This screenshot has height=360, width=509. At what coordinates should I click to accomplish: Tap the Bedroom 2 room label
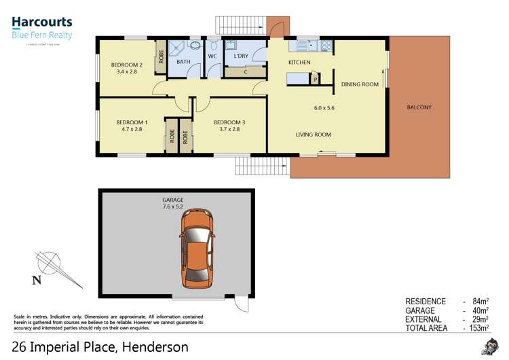coord(128,65)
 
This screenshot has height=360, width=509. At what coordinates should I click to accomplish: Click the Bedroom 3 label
coord(229,122)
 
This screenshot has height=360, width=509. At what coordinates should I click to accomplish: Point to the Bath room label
coord(183,62)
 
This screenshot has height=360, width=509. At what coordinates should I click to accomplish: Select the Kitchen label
coord(299,62)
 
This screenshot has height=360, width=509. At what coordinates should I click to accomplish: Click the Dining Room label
coord(360,84)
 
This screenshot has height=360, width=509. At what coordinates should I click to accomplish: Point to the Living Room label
coord(313,134)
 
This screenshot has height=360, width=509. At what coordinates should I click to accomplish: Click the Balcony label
coord(419,107)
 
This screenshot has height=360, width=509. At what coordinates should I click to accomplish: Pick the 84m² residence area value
coord(476,302)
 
